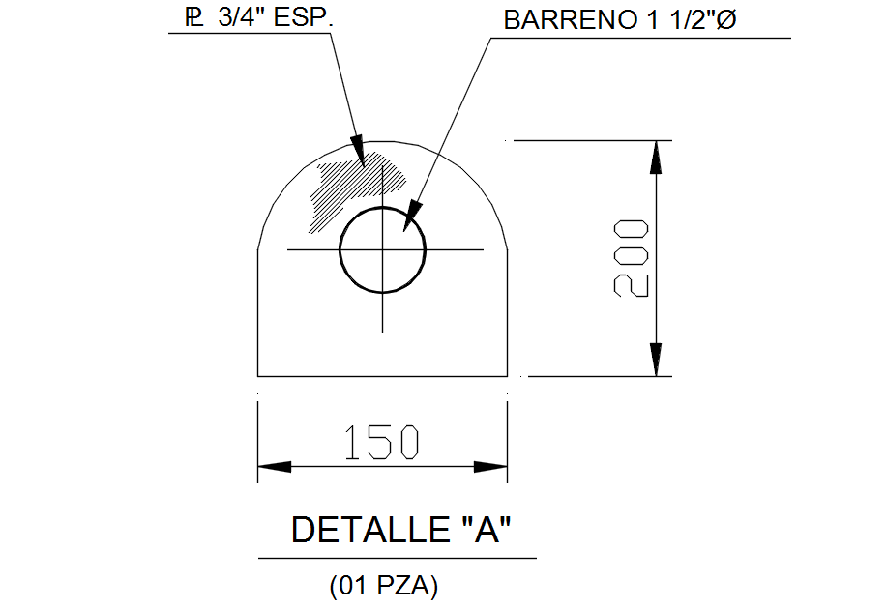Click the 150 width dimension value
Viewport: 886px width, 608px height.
382,443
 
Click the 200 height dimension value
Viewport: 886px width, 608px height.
631,258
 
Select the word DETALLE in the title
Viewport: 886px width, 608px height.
368,530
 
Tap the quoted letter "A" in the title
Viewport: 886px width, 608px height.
482,530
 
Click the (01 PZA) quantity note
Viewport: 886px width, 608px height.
384,585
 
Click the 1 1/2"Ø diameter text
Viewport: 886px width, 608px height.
688,21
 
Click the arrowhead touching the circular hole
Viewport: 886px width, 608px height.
413,213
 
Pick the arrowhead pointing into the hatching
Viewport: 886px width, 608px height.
358,152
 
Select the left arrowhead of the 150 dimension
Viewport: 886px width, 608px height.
275,466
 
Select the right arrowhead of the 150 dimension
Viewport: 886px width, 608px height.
490,466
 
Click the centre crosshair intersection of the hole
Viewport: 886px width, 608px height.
383,249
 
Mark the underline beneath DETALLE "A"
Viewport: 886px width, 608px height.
397,558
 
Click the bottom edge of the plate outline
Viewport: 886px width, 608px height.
383,375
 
